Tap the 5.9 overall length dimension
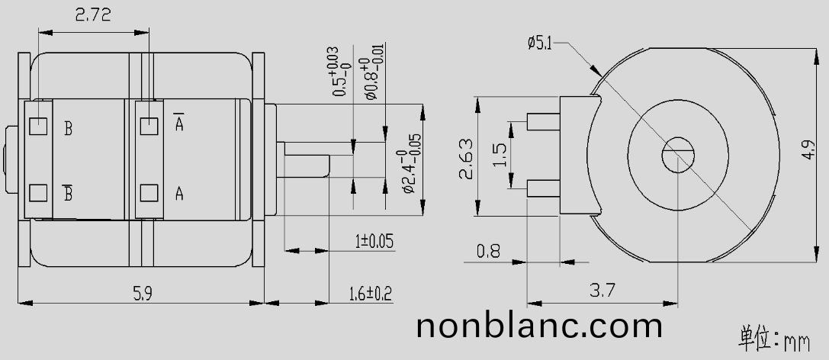pyautogui.click(x=141, y=293)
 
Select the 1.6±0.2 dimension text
pyautogui.click(x=370, y=293)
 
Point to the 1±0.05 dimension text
pyautogui.click(x=374, y=242)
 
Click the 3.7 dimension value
pyautogui.click(x=602, y=290)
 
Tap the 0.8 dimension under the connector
pyautogui.click(x=488, y=250)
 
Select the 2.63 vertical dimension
pyautogui.click(x=466, y=159)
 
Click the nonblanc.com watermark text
pyautogui.click(x=539, y=326)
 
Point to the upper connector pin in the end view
pyautogui.click(x=543, y=121)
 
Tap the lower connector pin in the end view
pyautogui.click(x=543, y=185)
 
